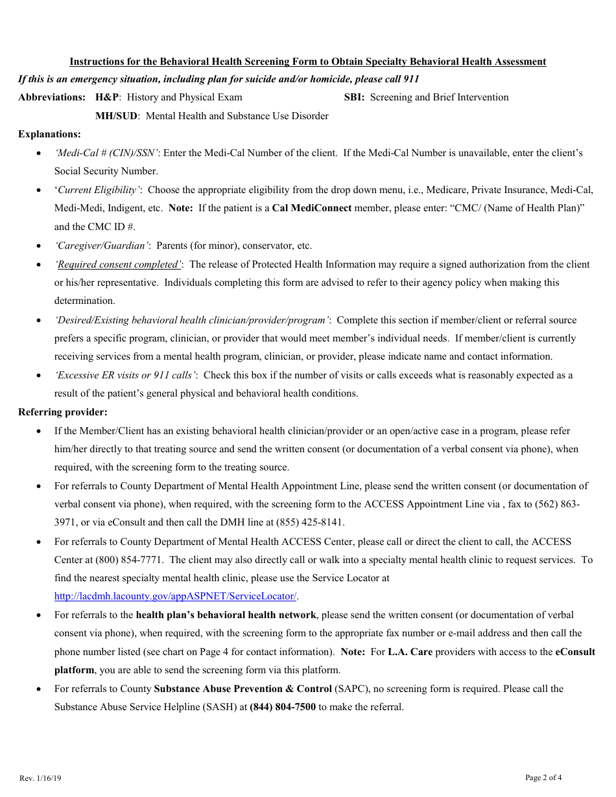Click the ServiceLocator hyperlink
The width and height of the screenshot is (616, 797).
[x=176, y=596]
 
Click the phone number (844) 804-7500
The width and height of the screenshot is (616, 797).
[x=283, y=707]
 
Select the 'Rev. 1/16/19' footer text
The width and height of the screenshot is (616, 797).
[x=40, y=778]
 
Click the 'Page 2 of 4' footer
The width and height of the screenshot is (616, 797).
[x=543, y=778]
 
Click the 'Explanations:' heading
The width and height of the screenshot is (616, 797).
[x=49, y=134]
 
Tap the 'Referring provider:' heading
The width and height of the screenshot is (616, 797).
[x=63, y=412]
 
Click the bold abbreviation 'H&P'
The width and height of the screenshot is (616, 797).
[x=107, y=97]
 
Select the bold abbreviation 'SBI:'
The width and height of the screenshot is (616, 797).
[x=355, y=97]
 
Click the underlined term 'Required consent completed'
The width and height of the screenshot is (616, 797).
[x=118, y=264]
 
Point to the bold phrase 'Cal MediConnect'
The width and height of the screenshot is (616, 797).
[x=312, y=208]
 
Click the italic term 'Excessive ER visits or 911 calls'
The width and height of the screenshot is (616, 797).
[x=126, y=375]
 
